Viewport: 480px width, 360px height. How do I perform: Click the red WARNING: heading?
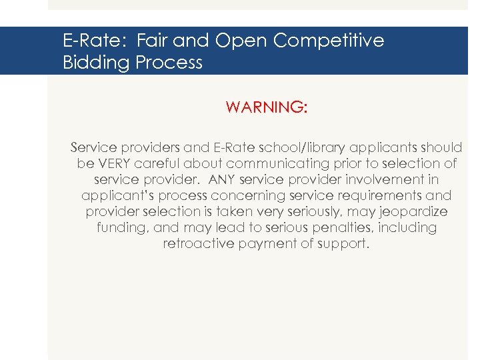click(x=267, y=107)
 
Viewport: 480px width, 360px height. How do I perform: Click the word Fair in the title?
click(x=153, y=41)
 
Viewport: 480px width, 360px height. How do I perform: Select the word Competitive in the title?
click(x=329, y=41)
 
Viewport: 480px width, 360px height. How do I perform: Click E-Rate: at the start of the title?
click(x=96, y=41)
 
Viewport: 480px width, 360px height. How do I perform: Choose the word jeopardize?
click(x=414, y=211)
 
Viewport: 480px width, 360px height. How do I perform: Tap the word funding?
click(x=123, y=227)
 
